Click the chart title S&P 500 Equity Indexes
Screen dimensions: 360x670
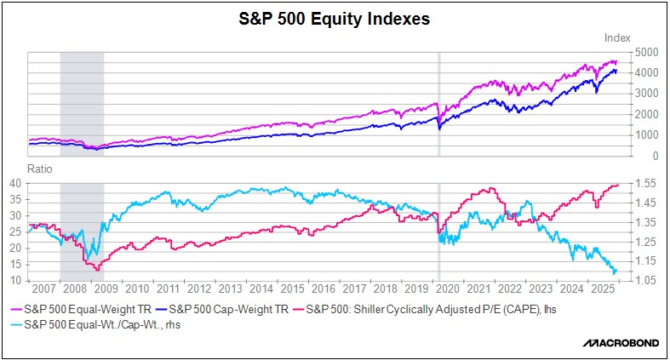(334, 19)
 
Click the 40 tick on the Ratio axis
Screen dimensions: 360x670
(14, 183)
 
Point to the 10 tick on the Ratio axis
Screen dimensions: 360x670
(14, 280)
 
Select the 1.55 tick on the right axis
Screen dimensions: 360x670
(644, 183)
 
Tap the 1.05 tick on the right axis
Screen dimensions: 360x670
(644, 280)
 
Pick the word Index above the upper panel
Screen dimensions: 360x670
(616, 37)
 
